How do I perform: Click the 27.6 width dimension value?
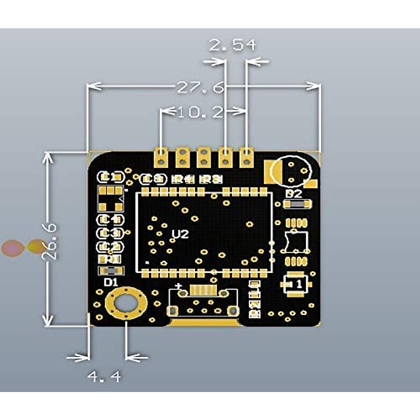pyautogui.click(x=200, y=87)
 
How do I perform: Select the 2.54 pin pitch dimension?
pyautogui.click(x=232, y=45)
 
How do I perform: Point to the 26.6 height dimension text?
pyautogui.click(x=49, y=241)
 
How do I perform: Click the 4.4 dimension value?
pyautogui.click(x=104, y=377)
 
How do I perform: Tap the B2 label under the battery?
pyautogui.click(x=293, y=194)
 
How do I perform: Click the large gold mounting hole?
pyautogui.click(x=126, y=303)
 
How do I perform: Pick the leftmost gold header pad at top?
pyautogui.click(x=161, y=156)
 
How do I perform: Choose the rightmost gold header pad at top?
pyautogui.click(x=247, y=156)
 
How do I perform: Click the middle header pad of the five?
pyautogui.click(x=204, y=156)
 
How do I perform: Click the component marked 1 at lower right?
pyautogui.click(x=296, y=284)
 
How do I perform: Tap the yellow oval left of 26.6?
pyautogui.click(x=36, y=246)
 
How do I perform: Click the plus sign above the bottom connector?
pyautogui.click(x=180, y=285)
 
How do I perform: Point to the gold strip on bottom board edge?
pyautogui.click(x=204, y=322)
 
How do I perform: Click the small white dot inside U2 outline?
pyautogui.click(x=147, y=262)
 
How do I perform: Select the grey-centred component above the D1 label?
pyautogui.click(x=111, y=271)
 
